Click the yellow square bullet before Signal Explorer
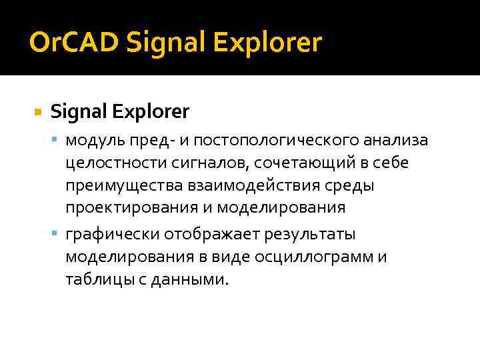37,111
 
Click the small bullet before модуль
55,141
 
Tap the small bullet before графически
55,235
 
